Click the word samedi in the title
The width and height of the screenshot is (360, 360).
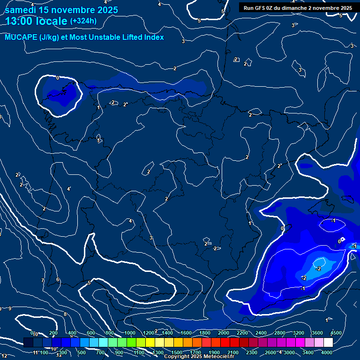pos(21,10)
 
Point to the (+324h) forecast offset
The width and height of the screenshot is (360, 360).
pos(83,21)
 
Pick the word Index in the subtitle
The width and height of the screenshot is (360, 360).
pos(154,37)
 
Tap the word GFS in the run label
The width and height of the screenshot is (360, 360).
pos(259,8)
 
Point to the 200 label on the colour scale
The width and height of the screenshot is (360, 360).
pos(53,333)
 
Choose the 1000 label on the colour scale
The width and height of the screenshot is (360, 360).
pos(130,333)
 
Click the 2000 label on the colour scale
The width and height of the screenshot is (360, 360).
pos(224,333)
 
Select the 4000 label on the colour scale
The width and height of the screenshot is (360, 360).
pos(327,352)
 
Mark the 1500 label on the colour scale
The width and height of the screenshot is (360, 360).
pos(177,352)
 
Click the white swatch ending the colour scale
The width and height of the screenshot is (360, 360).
pos(328,343)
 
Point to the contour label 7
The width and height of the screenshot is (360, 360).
pos(43,281)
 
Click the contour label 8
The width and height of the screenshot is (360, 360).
pos(65,315)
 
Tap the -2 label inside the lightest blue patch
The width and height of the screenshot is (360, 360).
pos(319,269)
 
